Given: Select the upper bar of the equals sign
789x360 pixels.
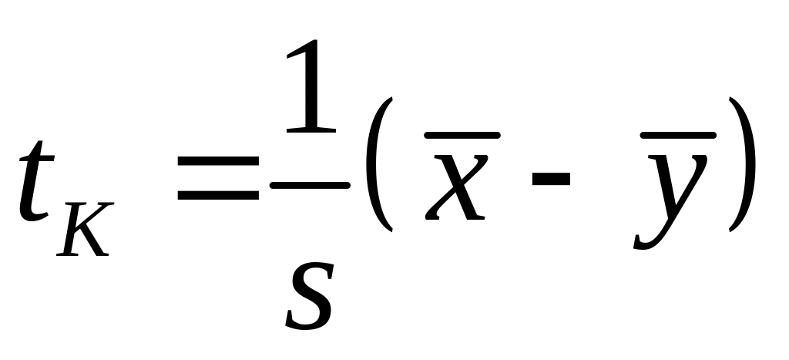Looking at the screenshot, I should [218, 164].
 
